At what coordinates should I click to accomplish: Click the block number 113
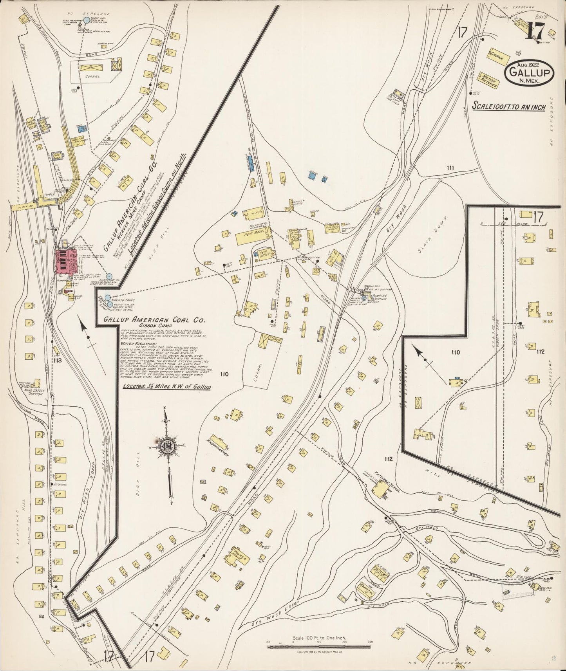(58, 360)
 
